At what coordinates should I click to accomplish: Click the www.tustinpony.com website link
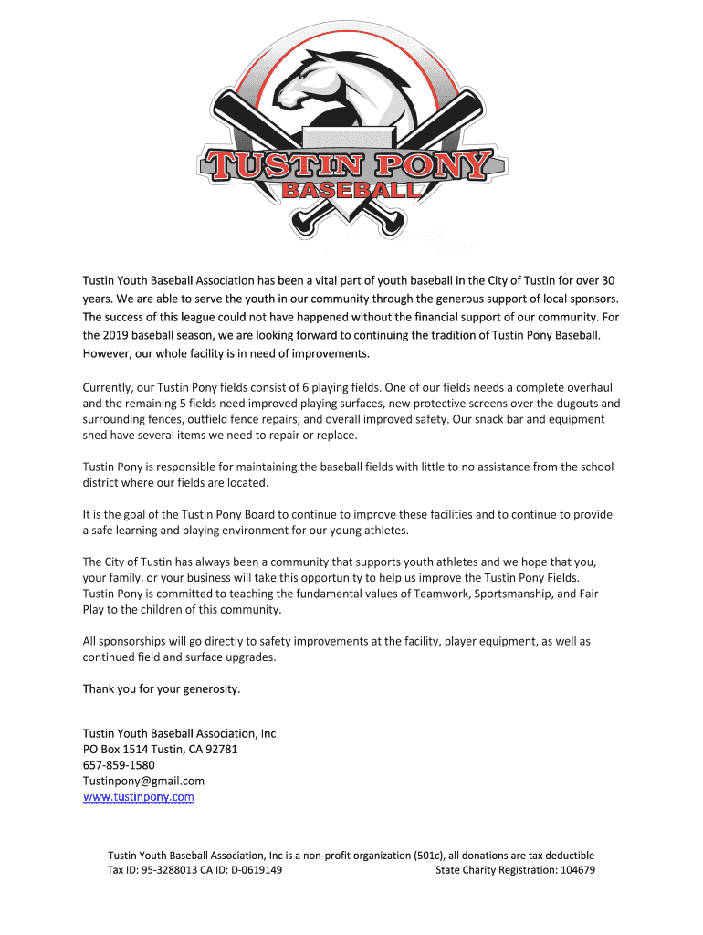pos(138,797)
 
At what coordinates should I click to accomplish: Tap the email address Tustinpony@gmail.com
pos(143,781)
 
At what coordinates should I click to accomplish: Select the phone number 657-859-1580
pos(119,765)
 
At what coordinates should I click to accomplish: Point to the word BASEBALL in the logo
pos(352,191)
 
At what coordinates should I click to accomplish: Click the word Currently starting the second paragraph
pos(110,387)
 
